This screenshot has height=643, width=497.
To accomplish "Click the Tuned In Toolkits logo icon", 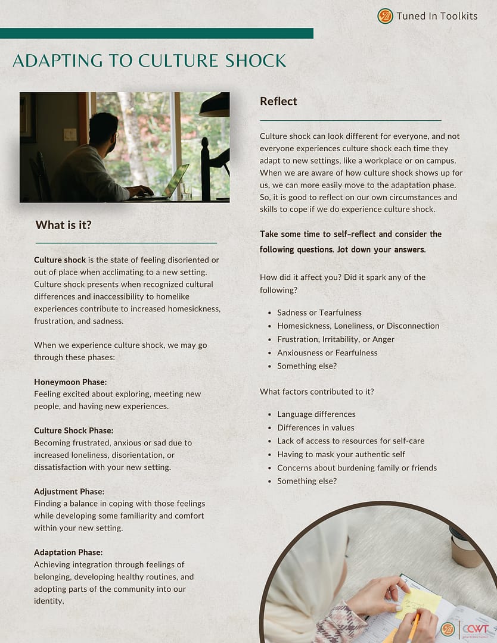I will [x=385, y=16].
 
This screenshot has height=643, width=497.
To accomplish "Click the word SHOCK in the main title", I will [x=252, y=61].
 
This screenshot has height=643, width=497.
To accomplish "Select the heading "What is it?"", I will [x=64, y=224].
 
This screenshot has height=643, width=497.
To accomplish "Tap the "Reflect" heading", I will [x=278, y=101].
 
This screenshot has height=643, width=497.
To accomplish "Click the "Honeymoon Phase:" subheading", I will [x=70, y=382].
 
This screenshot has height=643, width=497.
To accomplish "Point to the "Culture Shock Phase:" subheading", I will [x=73, y=430].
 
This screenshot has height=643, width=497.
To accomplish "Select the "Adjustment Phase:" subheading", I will [x=69, y=491].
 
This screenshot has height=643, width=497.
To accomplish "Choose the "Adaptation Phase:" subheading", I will [x=69, y=552].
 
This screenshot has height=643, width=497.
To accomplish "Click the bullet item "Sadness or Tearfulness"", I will [x=319, y=313].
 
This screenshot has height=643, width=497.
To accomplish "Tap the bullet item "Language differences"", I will [x=316, y=414].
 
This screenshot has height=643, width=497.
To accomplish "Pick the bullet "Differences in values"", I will [x=316, y=427].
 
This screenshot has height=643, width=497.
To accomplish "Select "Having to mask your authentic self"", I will [x=341, y=454].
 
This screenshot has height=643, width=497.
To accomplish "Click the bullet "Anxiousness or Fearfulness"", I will [x=327, y=352].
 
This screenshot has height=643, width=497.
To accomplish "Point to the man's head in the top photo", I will [x=103, y=127].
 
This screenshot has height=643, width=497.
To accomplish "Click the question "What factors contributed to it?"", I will [x=316, y=392].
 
